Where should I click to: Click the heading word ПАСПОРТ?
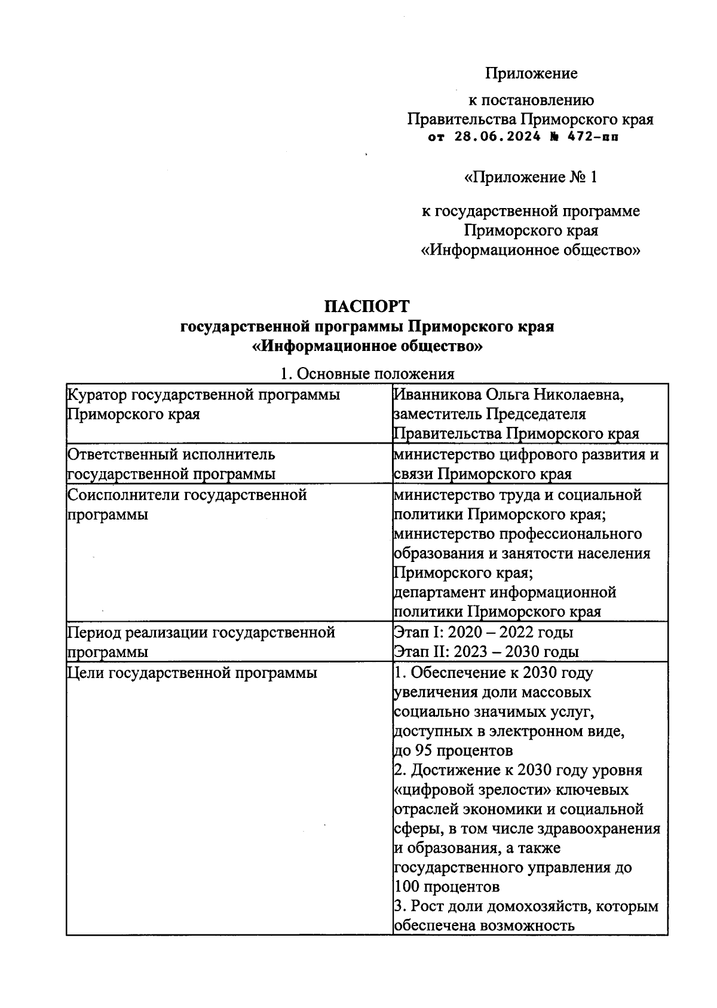(367, 307)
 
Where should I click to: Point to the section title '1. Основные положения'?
(367, 374)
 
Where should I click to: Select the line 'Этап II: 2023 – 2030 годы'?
(486, 652)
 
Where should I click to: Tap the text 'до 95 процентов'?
(453, 750)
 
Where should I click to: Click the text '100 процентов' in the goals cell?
(447, 886)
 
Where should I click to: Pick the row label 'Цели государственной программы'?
(192, 673)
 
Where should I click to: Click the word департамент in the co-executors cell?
(439, 592)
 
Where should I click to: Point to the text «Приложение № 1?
(530, 178)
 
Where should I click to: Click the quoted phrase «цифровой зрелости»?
(473, 790)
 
